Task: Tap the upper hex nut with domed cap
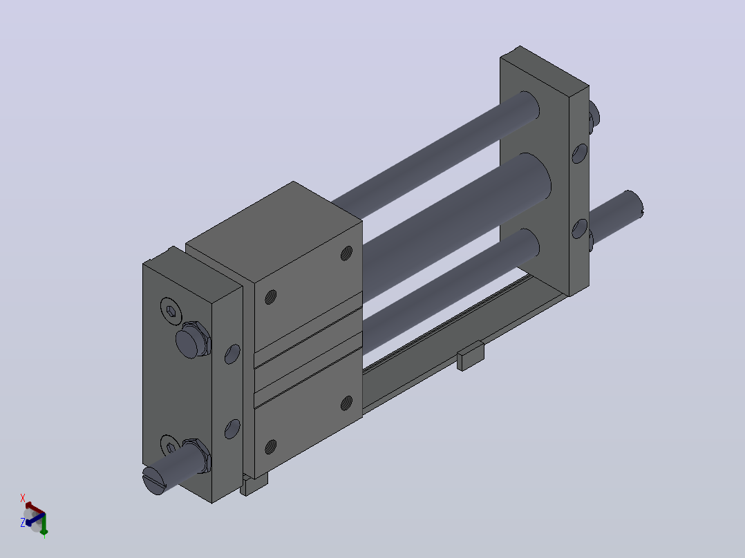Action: pyautogui.click(x=193, y=339)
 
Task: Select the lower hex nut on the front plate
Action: pyautogui.click(x=200, y=455)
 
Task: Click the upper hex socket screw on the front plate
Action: pyautogui.click(x=171, y=311)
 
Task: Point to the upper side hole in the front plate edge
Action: pyautogui.click(x=232, y=354)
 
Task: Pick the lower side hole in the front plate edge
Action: pyautogui.click(x=232, y=428)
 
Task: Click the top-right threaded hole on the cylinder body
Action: pyautogui.click(x=347, y=253)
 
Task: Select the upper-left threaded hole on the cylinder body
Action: pyautogui.click(x=270, y=297)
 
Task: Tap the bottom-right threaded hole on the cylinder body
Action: pyautogui.click(x=347, y=403)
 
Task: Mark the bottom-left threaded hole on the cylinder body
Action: pyautogui.click(x=270, y=446)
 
